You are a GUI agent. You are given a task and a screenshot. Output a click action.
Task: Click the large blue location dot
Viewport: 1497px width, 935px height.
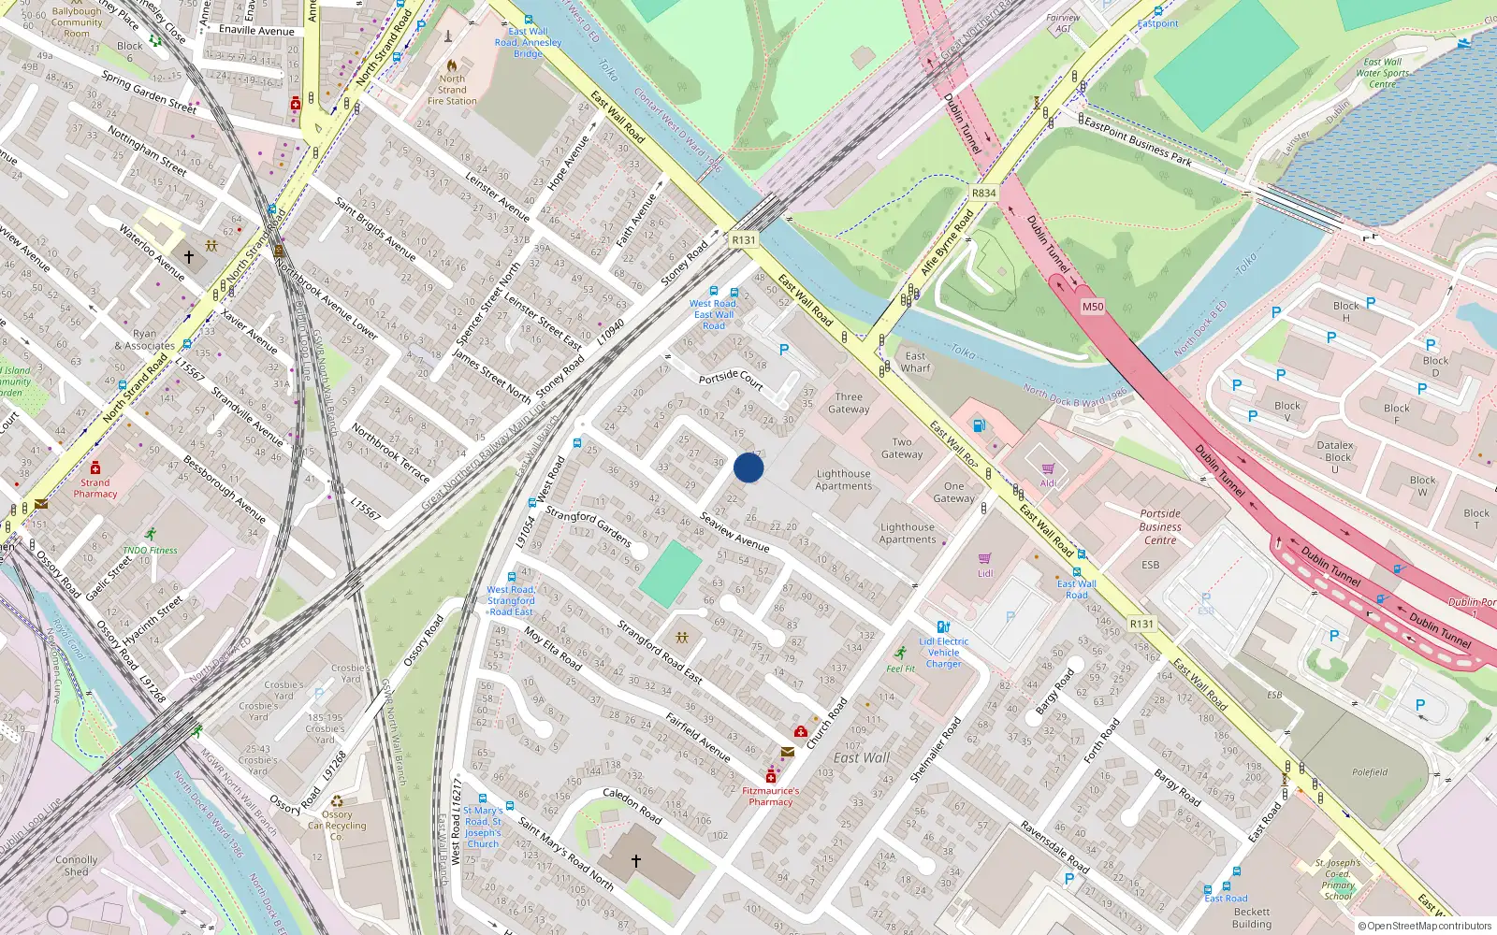pyautogui.click(x=748, y=467)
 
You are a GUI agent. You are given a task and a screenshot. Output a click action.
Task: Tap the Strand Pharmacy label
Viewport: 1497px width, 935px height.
pyautogui.click(x=95, y=488)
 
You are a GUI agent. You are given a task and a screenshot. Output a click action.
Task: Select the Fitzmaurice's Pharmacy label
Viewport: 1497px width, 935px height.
pyautogui.click(x=770, y=796)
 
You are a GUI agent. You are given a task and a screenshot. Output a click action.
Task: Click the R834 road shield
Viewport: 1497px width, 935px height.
pyautogui.click(x=983, y=194)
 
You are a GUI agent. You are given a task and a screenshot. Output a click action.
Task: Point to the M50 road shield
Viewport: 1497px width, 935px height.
pyautogui.click(x=1092, y=307)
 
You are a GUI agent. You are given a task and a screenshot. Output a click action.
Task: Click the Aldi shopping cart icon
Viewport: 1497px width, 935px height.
pyautogui.click(x=1047, y=468)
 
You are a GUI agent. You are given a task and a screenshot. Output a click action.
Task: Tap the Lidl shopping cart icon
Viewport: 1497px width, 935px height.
pyautogui.click(x=984, y=558)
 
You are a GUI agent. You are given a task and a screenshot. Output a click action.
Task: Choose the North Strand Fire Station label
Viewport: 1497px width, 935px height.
pyautogui.click(x=452, y=90)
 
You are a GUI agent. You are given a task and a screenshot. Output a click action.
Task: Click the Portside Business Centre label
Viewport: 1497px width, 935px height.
pyautogui.click(x=1160, y=526)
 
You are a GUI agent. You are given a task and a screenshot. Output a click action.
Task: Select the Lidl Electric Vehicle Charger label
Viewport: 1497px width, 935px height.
pyautogui.click(x=943, y=653)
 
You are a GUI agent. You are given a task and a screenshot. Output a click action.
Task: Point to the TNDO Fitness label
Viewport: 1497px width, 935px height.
pyautogui.click(x=150, y=550)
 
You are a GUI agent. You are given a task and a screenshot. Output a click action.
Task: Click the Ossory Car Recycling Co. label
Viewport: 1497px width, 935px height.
pyautogui.click(x=337, y=825)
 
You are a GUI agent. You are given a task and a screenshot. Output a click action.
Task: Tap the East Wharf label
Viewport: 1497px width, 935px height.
pyautogui.click(x=915, y=362)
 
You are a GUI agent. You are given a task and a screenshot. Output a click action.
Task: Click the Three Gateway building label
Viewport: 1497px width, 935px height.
pyautogui.click(x=849, y=403)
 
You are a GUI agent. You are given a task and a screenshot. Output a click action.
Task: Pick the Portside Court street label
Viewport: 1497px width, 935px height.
pyautogui.click(x=731, y=379)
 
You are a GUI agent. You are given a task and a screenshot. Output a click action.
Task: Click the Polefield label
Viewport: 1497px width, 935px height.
pyautogui.click(x=1370, y=772)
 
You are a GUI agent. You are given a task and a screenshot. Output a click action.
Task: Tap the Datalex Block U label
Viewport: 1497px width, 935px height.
pyautogui.click(x=1335, y=457)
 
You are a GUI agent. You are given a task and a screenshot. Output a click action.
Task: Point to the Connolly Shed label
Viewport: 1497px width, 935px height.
pyautogui.click(x=77, y=865)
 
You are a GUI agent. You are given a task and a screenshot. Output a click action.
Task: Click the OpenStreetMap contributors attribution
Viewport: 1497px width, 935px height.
pyautogui.click(x=1425, y=926)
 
